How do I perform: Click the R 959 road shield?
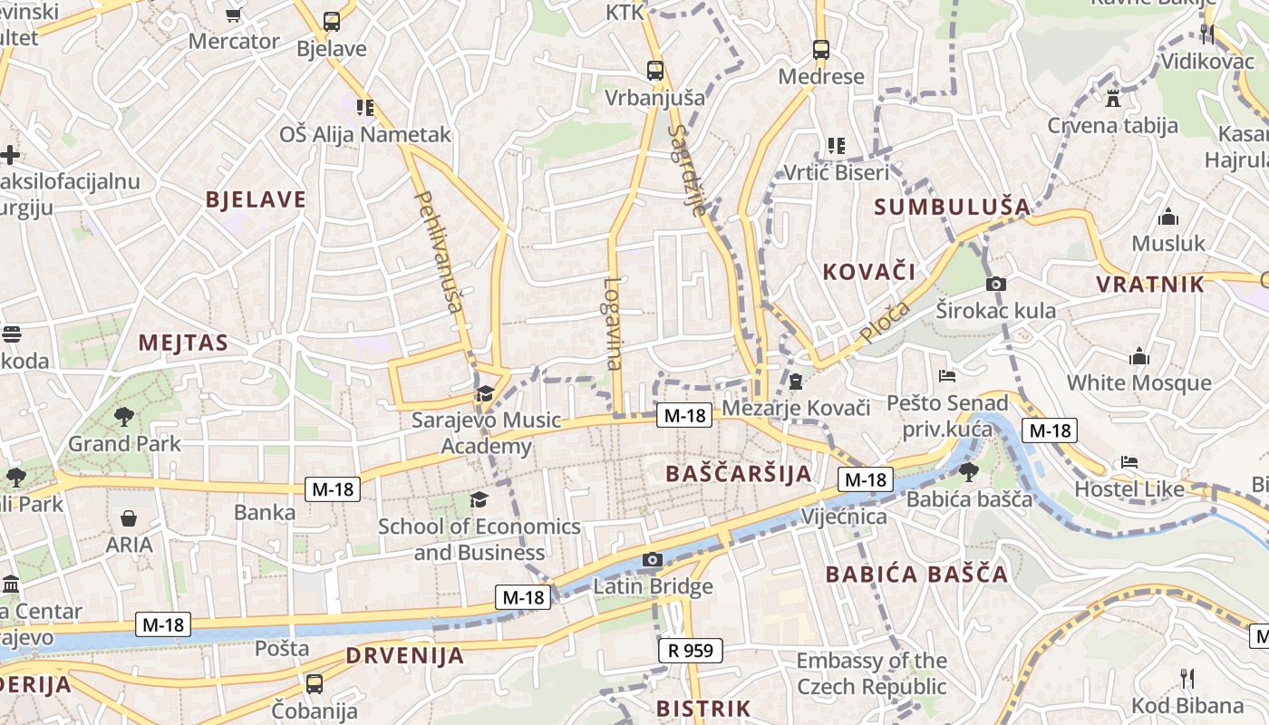690,650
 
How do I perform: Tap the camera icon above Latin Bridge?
653,559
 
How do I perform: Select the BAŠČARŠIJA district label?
739,473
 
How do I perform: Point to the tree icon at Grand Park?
124,417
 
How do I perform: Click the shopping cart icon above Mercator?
234,14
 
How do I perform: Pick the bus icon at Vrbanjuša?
654,70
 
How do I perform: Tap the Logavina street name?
614,324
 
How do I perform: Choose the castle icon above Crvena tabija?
1113,98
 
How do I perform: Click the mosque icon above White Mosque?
1139,356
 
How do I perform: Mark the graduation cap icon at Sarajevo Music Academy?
485,393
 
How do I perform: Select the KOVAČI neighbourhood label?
868,271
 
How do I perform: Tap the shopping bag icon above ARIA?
129,518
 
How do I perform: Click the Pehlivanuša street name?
439,251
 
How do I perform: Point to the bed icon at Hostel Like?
1129,462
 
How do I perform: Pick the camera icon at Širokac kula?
995,284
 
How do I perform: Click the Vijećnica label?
844,517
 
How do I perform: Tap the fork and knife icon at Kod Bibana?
1187,678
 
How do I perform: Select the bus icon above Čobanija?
315,683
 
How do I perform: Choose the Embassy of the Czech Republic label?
871,673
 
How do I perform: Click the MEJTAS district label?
183,343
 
